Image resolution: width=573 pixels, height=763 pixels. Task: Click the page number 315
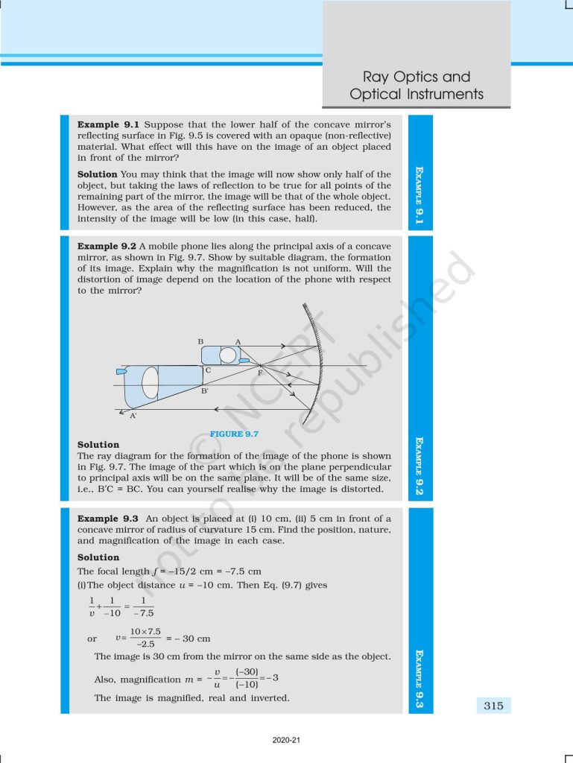click(x=493, y=706)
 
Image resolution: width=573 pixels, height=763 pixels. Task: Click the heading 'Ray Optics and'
click(x=416, y=77)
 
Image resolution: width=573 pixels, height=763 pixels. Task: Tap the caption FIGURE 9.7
click(x=234, y=434)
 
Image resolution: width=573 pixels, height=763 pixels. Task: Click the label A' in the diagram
click(x=133, y=416)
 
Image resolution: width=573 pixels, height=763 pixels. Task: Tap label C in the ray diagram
click(x=208, y=370)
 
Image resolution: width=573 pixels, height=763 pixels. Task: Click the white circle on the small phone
click(x=227, y=355)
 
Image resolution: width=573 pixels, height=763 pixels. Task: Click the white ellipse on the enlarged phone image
click(x=150, y=382)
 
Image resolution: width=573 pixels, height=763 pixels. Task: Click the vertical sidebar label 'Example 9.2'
click(x=420, y=467)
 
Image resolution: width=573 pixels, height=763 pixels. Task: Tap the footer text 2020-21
click(x=286, y=741)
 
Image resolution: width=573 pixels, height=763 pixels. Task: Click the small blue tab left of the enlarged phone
click(x=121, y=370)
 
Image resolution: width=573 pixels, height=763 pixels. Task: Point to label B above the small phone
click(x=200, y=341)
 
